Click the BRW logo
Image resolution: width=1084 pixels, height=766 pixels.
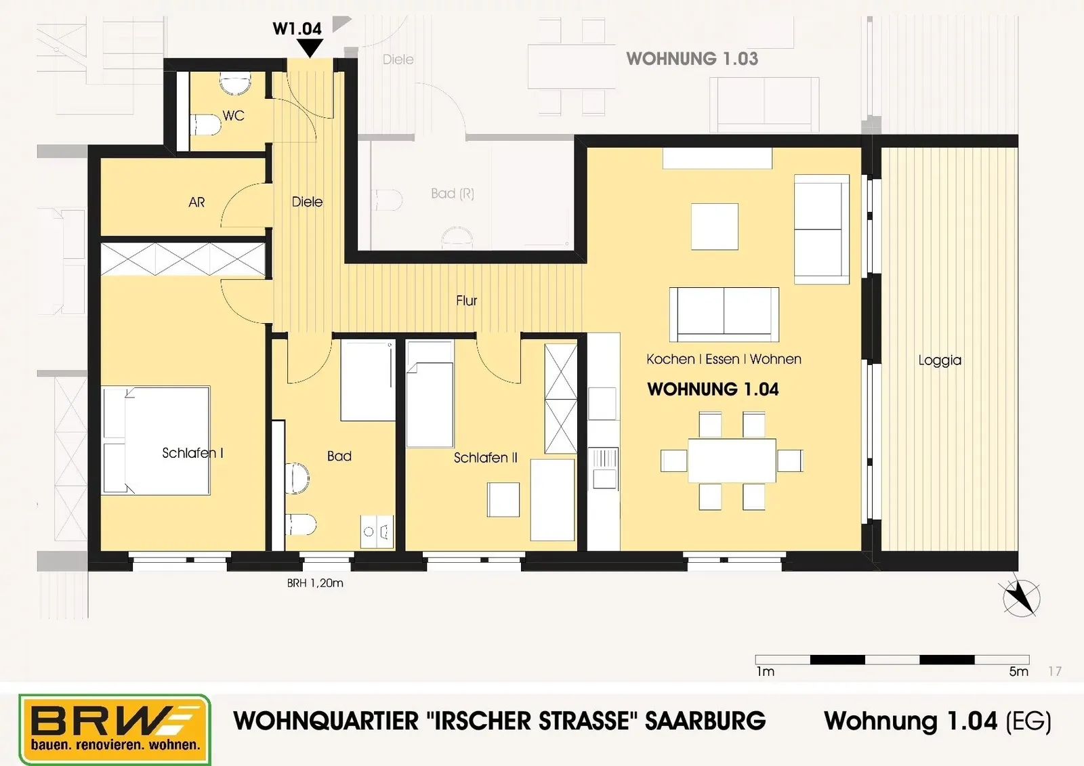tap(114, 729)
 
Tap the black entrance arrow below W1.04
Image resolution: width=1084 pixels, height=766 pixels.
tap(309, 48)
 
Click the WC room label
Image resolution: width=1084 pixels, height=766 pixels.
tap(233, 116)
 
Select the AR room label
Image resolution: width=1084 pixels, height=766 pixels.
tap(196, 202)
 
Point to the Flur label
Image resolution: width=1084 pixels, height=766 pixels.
tap(467, 301)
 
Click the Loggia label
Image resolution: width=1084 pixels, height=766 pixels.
tap(940, 360)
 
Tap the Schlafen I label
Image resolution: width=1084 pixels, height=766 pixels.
tap(192, 453)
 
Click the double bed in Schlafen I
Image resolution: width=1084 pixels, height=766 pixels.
tap(156, 440)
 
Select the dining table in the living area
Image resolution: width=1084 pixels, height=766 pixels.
tap(732, 461)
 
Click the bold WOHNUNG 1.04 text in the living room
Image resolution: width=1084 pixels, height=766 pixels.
tap(713, 389)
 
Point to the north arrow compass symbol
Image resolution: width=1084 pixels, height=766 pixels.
tap(1021, 598)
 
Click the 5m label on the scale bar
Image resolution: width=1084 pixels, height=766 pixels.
tap(1019, 672)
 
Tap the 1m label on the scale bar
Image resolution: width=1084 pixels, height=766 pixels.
tap(766, 672)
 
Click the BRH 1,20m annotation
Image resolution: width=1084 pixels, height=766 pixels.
tap(315, 583)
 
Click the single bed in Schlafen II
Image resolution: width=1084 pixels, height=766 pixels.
tap(430, 394)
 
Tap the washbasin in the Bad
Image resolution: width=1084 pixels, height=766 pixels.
tap(377, 531)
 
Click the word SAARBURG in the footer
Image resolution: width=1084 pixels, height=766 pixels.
tap(705, 721)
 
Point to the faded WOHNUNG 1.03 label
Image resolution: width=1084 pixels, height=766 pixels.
tap(692, 58)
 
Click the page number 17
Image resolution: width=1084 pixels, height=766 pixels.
tap(1055, 671)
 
